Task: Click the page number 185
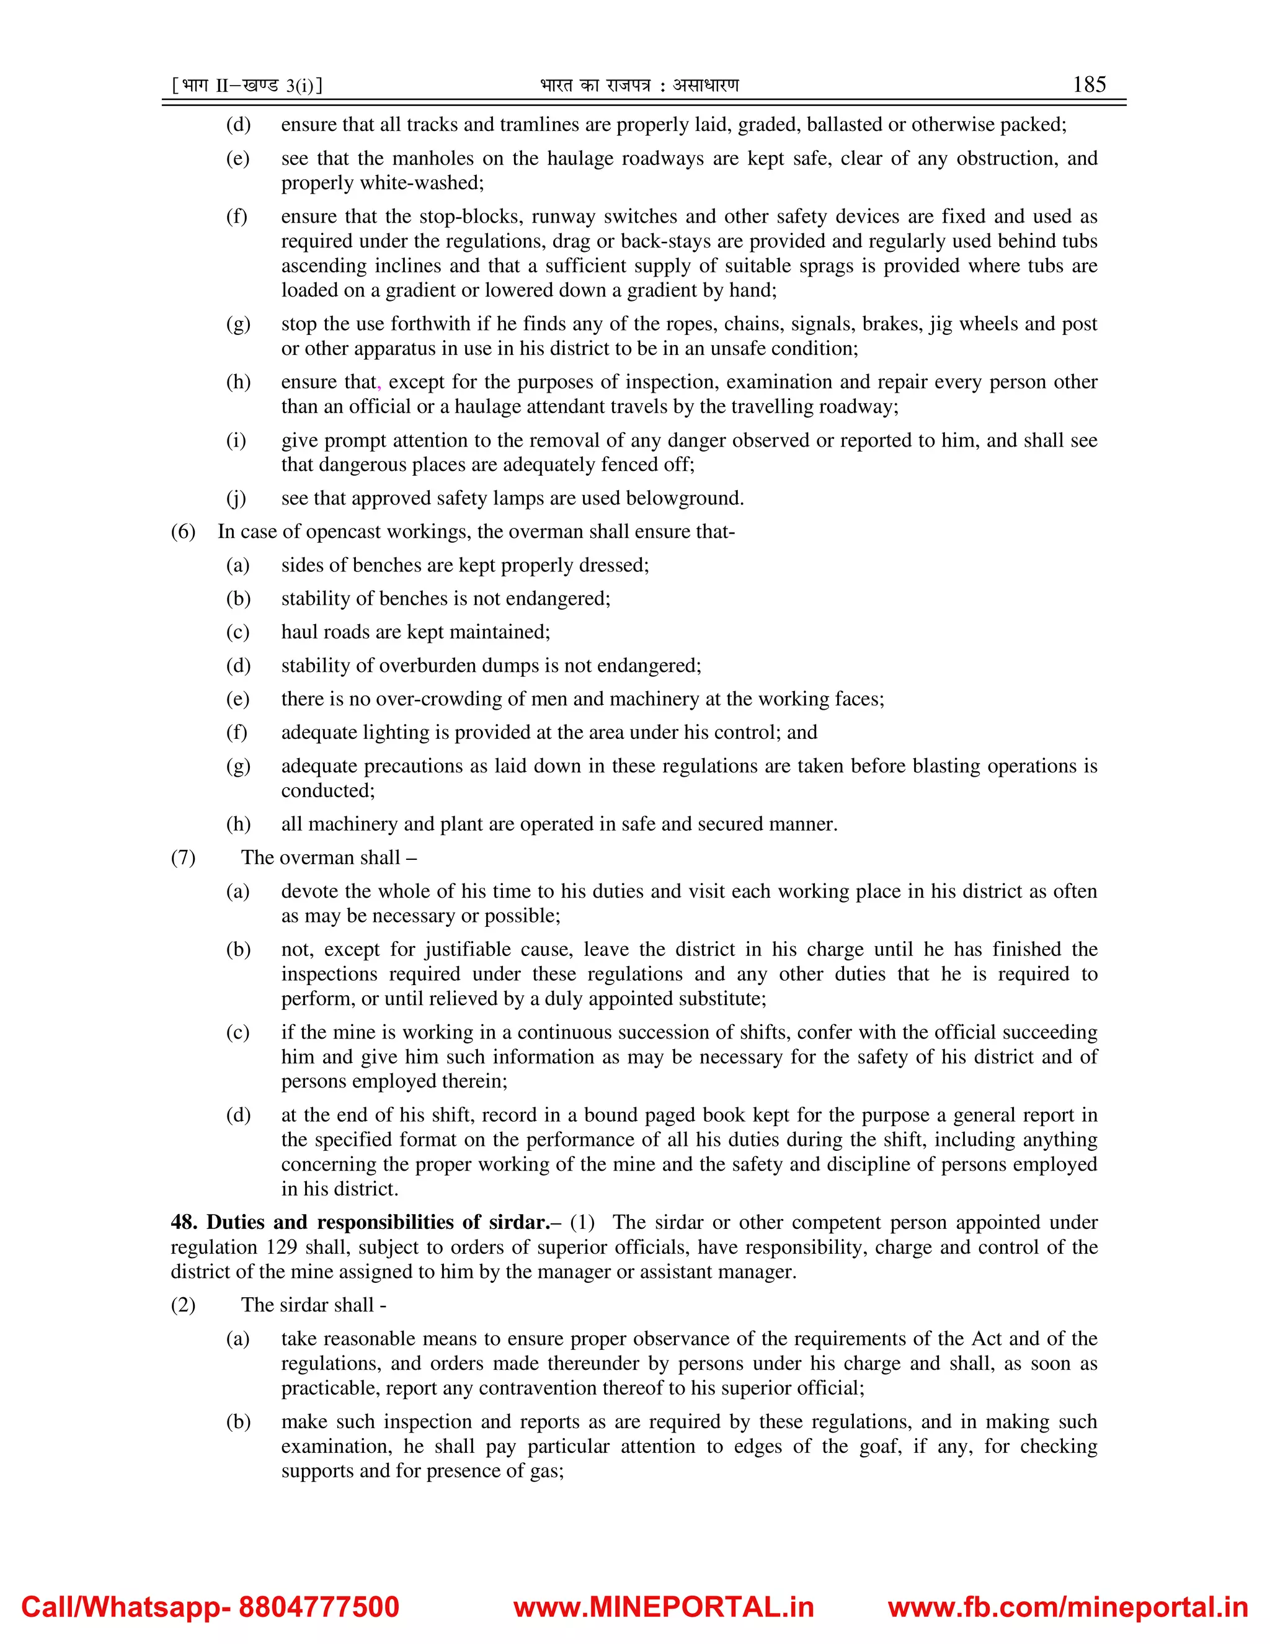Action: pos(1089,84)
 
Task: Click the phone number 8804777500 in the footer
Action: pos(318,1606)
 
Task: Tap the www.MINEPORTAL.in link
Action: pos(664,1606)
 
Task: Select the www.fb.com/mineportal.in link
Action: pos(1068,1606)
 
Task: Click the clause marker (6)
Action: pos(183,532)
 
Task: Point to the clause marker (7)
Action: pos(183,858)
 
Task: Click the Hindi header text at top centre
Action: pos(639,86)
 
